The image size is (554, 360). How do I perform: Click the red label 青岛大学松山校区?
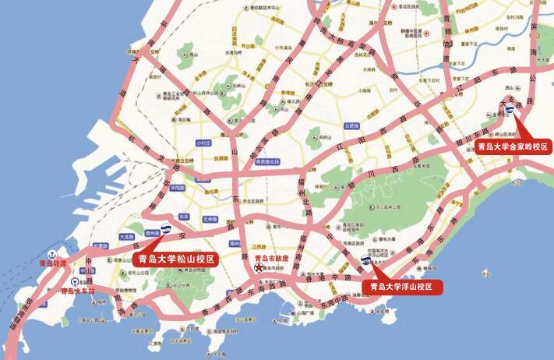(176, 259)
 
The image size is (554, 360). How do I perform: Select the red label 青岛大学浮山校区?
(402, 287)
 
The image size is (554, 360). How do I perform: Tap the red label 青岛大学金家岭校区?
(513, 146)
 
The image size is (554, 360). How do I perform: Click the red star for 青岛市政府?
(259, 268)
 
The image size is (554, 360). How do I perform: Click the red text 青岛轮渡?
(54, 264)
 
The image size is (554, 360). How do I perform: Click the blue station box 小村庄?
(204, 143)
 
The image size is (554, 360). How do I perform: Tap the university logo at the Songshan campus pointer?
(166, 229)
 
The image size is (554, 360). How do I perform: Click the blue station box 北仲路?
(209, 219)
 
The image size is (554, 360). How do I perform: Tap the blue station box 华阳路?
(177, 188)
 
